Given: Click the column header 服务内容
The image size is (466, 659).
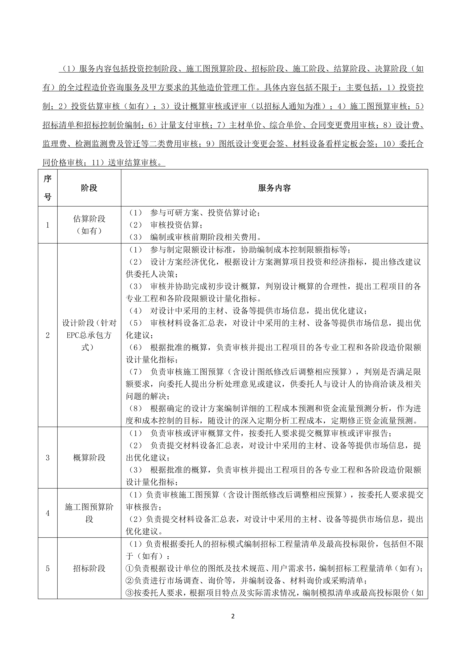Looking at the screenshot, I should [274, 188].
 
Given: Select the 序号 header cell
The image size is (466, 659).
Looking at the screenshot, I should [48, 188].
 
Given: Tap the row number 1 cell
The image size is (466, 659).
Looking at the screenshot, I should [48, 225].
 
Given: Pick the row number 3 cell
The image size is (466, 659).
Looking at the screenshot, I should [48, 458].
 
